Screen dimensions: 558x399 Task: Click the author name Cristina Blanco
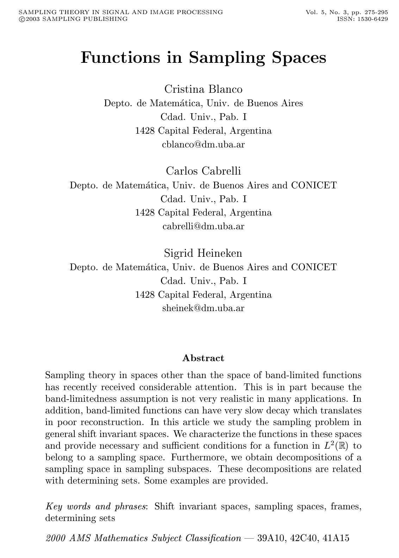click(203, 89)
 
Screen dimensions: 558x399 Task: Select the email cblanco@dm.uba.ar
click(203, 144)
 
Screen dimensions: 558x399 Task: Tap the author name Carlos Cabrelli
click(203, 171)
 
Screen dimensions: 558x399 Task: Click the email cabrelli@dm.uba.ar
click(203, 226)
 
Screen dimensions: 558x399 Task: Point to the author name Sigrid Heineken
click(203, 253)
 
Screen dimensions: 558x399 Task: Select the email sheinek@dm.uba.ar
click(203, 308)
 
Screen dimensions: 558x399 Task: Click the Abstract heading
click(203, 358)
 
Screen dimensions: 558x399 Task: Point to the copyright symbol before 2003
click(21, 19)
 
